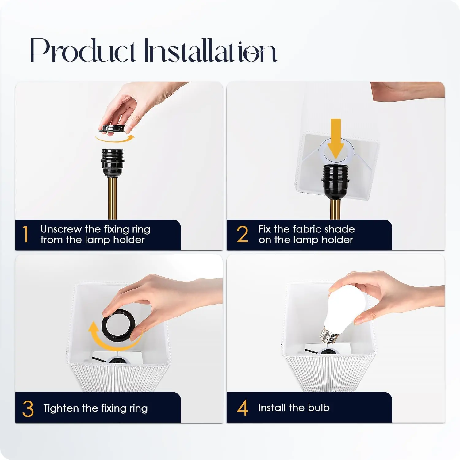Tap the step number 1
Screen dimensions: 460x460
26,234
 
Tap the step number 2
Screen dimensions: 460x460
243,234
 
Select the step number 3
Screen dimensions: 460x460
28,408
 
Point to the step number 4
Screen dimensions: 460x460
243,408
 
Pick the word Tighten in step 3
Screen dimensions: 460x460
61,408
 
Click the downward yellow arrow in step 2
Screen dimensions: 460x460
336,140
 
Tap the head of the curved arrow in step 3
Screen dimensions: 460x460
93,328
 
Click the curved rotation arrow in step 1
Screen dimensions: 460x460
115,140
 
